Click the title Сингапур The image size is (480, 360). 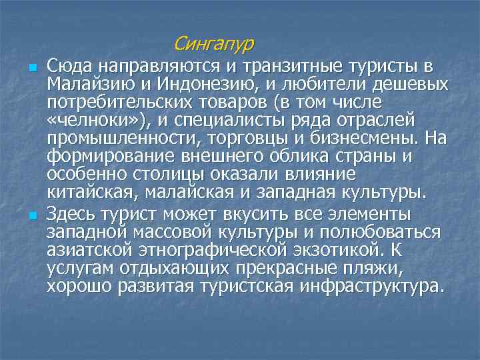coord(213,44)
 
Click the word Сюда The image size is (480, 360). coord(69,67)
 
